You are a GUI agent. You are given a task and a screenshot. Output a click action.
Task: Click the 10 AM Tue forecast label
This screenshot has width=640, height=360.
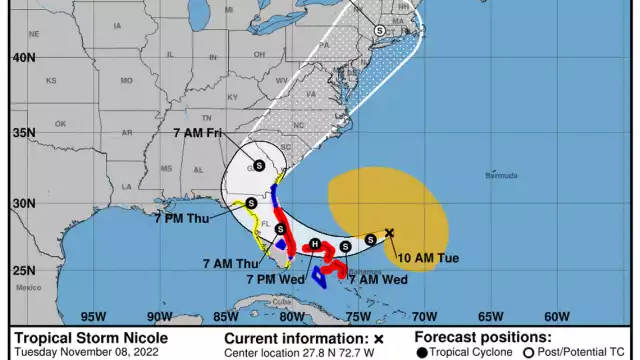(x=428, y=258)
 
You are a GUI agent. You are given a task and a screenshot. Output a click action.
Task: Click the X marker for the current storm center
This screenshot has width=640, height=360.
(x=390, y=233)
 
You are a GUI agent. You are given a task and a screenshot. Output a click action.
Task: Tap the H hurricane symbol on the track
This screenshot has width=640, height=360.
(x=314, y=244)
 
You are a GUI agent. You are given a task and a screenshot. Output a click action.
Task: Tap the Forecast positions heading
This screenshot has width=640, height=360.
(x=482, y=338)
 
